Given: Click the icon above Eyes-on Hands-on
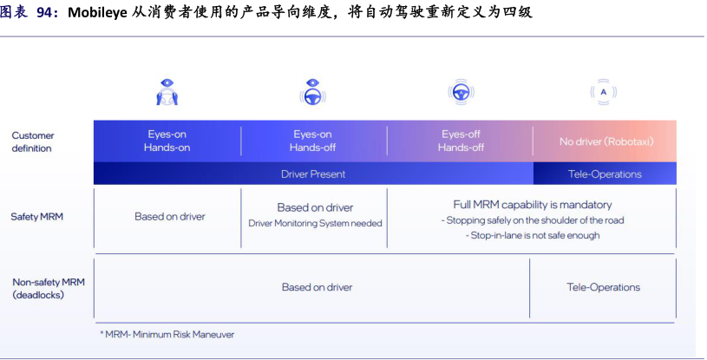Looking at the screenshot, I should coord(167,91).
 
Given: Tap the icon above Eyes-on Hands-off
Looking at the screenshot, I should coord(312,91).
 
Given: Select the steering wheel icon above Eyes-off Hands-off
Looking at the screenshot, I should coord(460,91).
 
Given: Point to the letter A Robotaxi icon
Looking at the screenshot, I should coord(604,91).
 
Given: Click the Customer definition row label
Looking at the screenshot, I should coord(33,141).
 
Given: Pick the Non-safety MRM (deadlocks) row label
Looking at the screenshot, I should coord(48,288).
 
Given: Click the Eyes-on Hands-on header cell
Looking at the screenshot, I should coord(167,141).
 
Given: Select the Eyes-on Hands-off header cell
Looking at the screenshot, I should coord(312,141).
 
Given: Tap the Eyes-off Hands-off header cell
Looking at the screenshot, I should coord(461,141).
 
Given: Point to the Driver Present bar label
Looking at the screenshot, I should coord(313,174).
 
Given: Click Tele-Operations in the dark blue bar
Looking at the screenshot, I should coord(605,174).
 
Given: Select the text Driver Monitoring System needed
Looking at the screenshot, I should coord(315,223).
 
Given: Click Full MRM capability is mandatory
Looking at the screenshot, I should coord(532,205).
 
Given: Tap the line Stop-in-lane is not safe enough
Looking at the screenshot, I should coord(533,235).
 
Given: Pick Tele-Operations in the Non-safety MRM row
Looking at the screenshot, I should coord(603,287).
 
